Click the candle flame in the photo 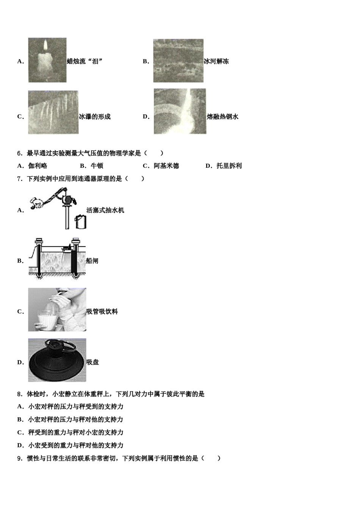(45, 46)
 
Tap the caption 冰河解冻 (216, 61)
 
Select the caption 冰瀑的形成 (95, 117)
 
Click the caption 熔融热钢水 (222, 117)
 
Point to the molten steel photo (180, 111)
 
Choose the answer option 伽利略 (38, 166)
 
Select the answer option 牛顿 (97, 166)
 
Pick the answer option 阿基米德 (166, 166)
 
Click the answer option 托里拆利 (229, 166)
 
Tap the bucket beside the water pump (81, 222)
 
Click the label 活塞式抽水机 (105, 210)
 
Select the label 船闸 (92, 261)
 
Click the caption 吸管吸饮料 (102, 312)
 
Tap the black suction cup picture (57, 360)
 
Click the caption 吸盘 (92, 362)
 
